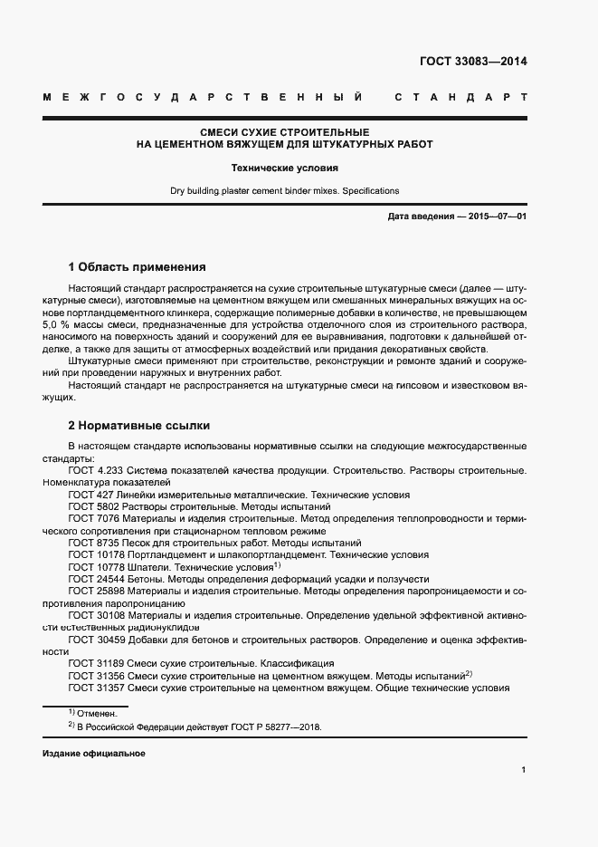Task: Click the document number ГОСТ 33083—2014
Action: [x=473, y=62]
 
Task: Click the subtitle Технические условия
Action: [x=284, y=168]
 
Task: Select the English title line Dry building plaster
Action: [x=284, y=191]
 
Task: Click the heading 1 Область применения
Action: [x=138, y=267]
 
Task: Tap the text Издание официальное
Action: [x=93, y=754]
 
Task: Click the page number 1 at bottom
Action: [x=524, y=770]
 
